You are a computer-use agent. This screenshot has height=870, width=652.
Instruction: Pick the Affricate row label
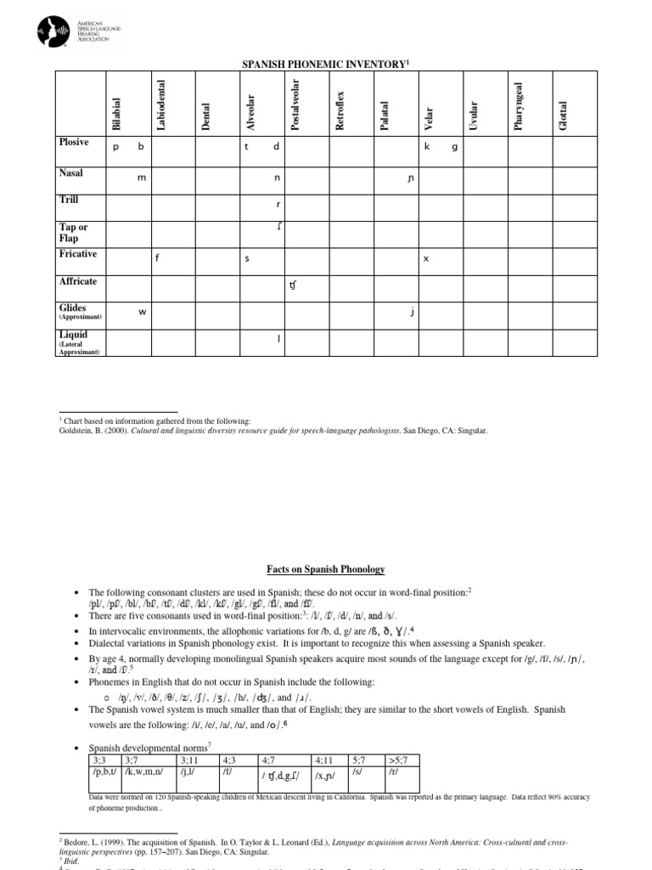pos(78,281)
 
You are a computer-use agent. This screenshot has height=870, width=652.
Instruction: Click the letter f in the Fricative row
pos(157,259)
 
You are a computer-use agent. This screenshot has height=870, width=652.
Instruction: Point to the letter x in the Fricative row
pos(425,259)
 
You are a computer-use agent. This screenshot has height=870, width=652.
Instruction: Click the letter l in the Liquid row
pos(278,340)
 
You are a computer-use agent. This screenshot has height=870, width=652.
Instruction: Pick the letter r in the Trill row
pos(278,205)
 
